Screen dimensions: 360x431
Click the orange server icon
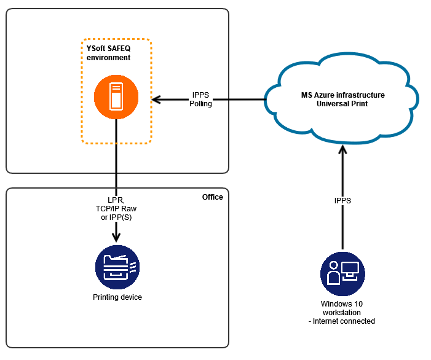point(116,98)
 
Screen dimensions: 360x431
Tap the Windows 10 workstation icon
point(342,274)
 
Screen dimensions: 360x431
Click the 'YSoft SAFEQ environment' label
point(108,53)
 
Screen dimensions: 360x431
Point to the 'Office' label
point(212,197)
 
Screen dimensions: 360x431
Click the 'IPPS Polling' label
point(202,100)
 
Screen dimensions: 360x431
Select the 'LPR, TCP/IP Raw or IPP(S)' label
point(112,209)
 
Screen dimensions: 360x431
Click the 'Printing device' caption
point(117,297)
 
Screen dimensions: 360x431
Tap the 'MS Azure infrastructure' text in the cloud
point(342,95)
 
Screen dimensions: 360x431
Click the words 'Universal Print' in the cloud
point(342,104)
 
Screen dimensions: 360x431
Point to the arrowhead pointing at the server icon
point(156,100)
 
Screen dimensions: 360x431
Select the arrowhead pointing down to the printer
point(116,237)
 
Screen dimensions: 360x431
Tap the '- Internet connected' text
point(342,321)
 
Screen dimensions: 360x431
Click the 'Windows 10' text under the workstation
point(342,304)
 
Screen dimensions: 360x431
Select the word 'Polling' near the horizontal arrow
point(201,104)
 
